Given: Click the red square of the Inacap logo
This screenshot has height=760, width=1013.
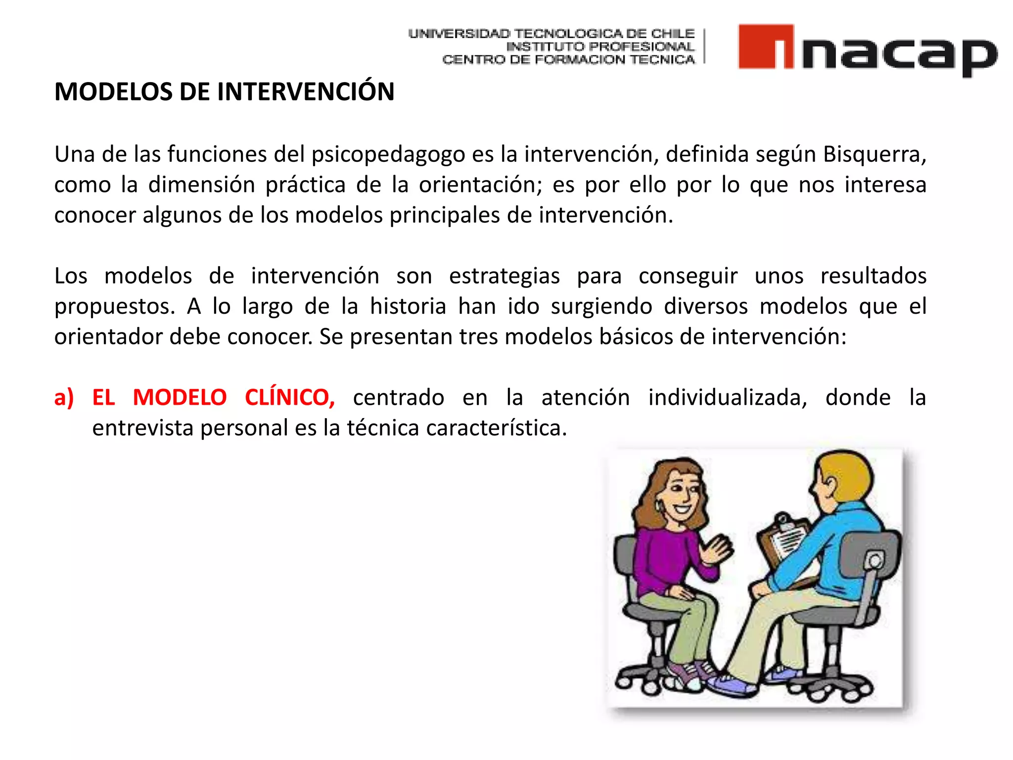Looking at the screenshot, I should pyautogui.click(x=765, y=46).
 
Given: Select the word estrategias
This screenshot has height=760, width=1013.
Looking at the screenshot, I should pyautogui.click(x=504, y=277).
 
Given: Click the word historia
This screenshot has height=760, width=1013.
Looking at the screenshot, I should pyautogui.click(x=408, y=306).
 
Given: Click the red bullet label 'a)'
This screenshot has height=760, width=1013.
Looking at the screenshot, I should pyautogui.click(x=64, y=398).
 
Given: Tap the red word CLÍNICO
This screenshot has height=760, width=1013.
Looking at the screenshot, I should pyautogui.click(x=290, y=397).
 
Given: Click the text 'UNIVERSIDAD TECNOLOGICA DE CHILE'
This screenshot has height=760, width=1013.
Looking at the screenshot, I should pyautogui.click(x=551, y=34).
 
